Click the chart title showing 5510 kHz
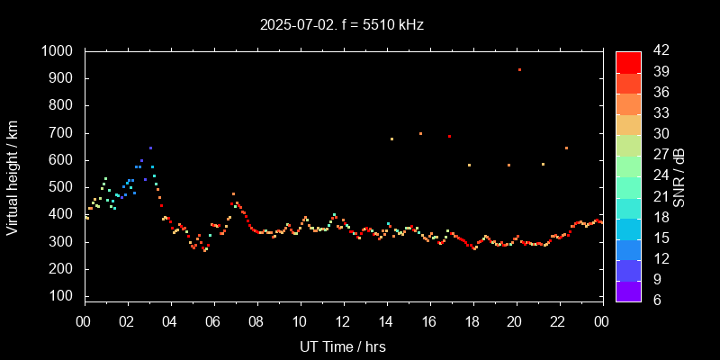click(x=340, y=25)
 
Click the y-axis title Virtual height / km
click(x=13, y=174)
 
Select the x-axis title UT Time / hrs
click(x=343, y=346)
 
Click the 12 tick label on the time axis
click(x=343, y=320)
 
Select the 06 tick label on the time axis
click(x=213, y=320)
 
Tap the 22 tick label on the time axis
click(x=558, y=320)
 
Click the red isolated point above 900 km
click(x=519, y=70)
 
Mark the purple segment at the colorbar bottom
click(x=628, y=290)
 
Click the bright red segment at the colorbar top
click(x=628, y=61)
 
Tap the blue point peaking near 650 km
click(x=150, y=148)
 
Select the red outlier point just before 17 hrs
click(x=449, y=136)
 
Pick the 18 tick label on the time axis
click(x=472, y=320)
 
